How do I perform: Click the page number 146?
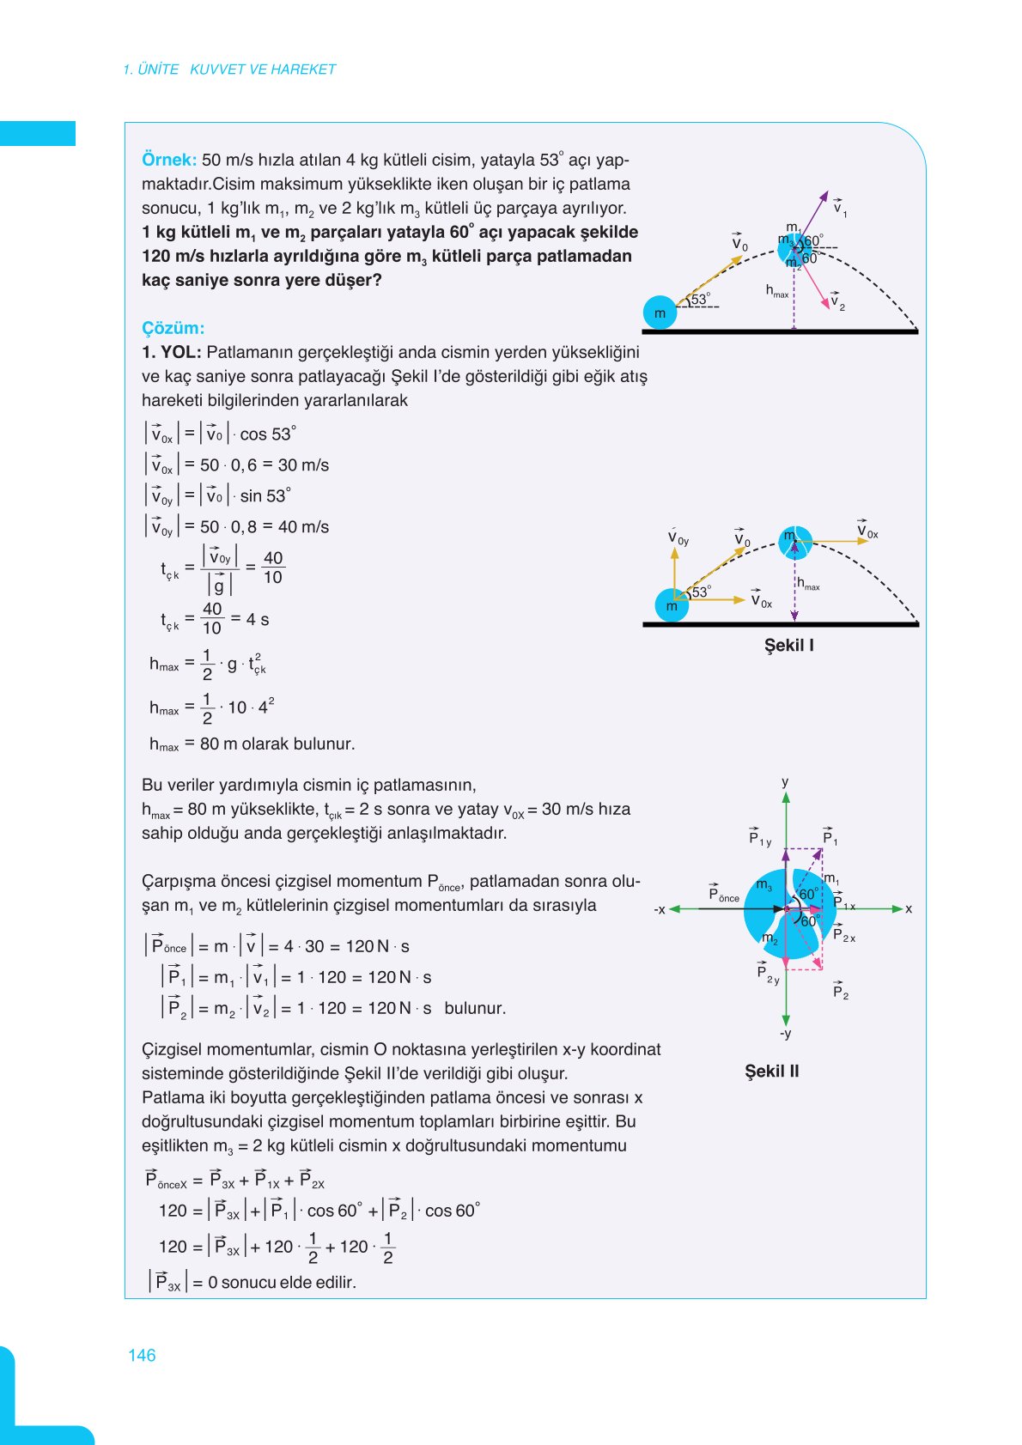coord(142,1355)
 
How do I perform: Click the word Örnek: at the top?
coord(169,160)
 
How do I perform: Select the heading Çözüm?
coord(173,328)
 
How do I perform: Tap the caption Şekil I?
coord(788,645)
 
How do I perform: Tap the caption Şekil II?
coord(771,1071)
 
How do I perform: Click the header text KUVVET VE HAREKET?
coord(263,70)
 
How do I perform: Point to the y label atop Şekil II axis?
coord(785,782)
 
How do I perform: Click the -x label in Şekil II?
coord(660,909)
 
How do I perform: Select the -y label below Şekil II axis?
coord(785,1034)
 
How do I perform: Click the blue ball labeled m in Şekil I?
coord(672,605)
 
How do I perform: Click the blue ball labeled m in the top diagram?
coord(660,313)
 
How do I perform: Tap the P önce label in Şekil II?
coord(723,895)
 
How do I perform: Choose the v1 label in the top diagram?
coord(839,208)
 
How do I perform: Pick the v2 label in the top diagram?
coord(837,302)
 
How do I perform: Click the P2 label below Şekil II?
coord(840,993)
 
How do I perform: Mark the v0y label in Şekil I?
coord(678,538)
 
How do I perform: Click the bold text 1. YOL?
coord(172,352)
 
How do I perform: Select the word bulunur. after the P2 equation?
coord(475,1008)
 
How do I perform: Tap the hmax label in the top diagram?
coord(776,292)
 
